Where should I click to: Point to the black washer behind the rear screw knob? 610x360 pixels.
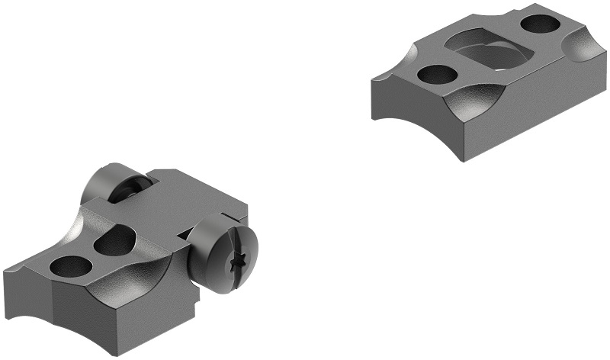pyautogui.click(x=130, y=191)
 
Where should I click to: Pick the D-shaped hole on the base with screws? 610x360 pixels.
pyautogui.click(x=114, y=243)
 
